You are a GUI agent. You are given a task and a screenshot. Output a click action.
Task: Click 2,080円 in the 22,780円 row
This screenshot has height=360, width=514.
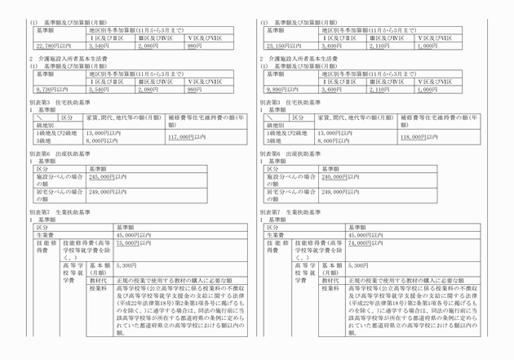(x=148, y=47)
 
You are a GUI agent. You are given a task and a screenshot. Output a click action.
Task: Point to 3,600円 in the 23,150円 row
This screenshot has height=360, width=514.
(x=330, y=47)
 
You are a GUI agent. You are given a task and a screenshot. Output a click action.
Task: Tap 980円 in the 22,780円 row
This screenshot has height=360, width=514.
(x=194, y=47)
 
